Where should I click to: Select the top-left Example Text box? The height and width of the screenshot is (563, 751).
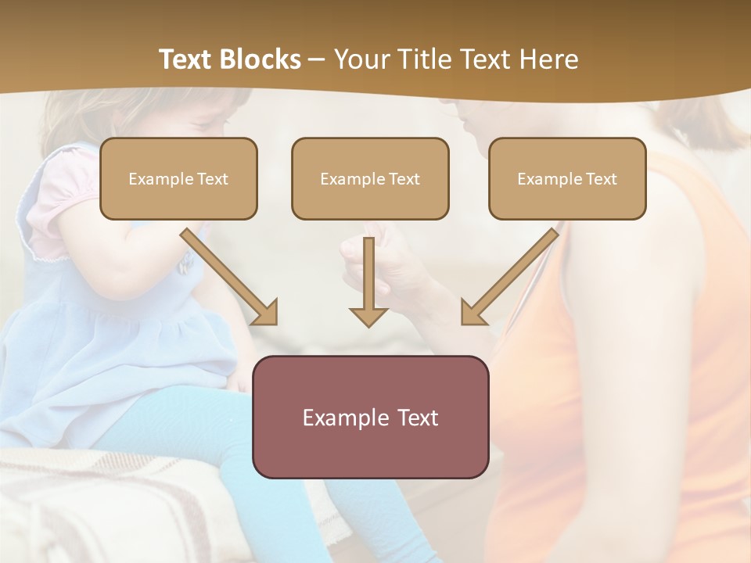coord(178,178)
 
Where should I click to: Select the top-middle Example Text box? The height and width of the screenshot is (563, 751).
coord(370,178)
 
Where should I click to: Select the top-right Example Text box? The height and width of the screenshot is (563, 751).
coord(567,178)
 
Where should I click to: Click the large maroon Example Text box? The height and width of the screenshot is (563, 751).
coord(370,417)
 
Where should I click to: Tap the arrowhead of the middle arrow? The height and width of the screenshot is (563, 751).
coord(369,316)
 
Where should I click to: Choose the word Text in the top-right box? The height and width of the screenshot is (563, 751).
coord(602,179)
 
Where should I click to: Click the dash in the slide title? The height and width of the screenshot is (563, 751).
coord(317,59)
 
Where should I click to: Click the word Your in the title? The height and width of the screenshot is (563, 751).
coord(359,59)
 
